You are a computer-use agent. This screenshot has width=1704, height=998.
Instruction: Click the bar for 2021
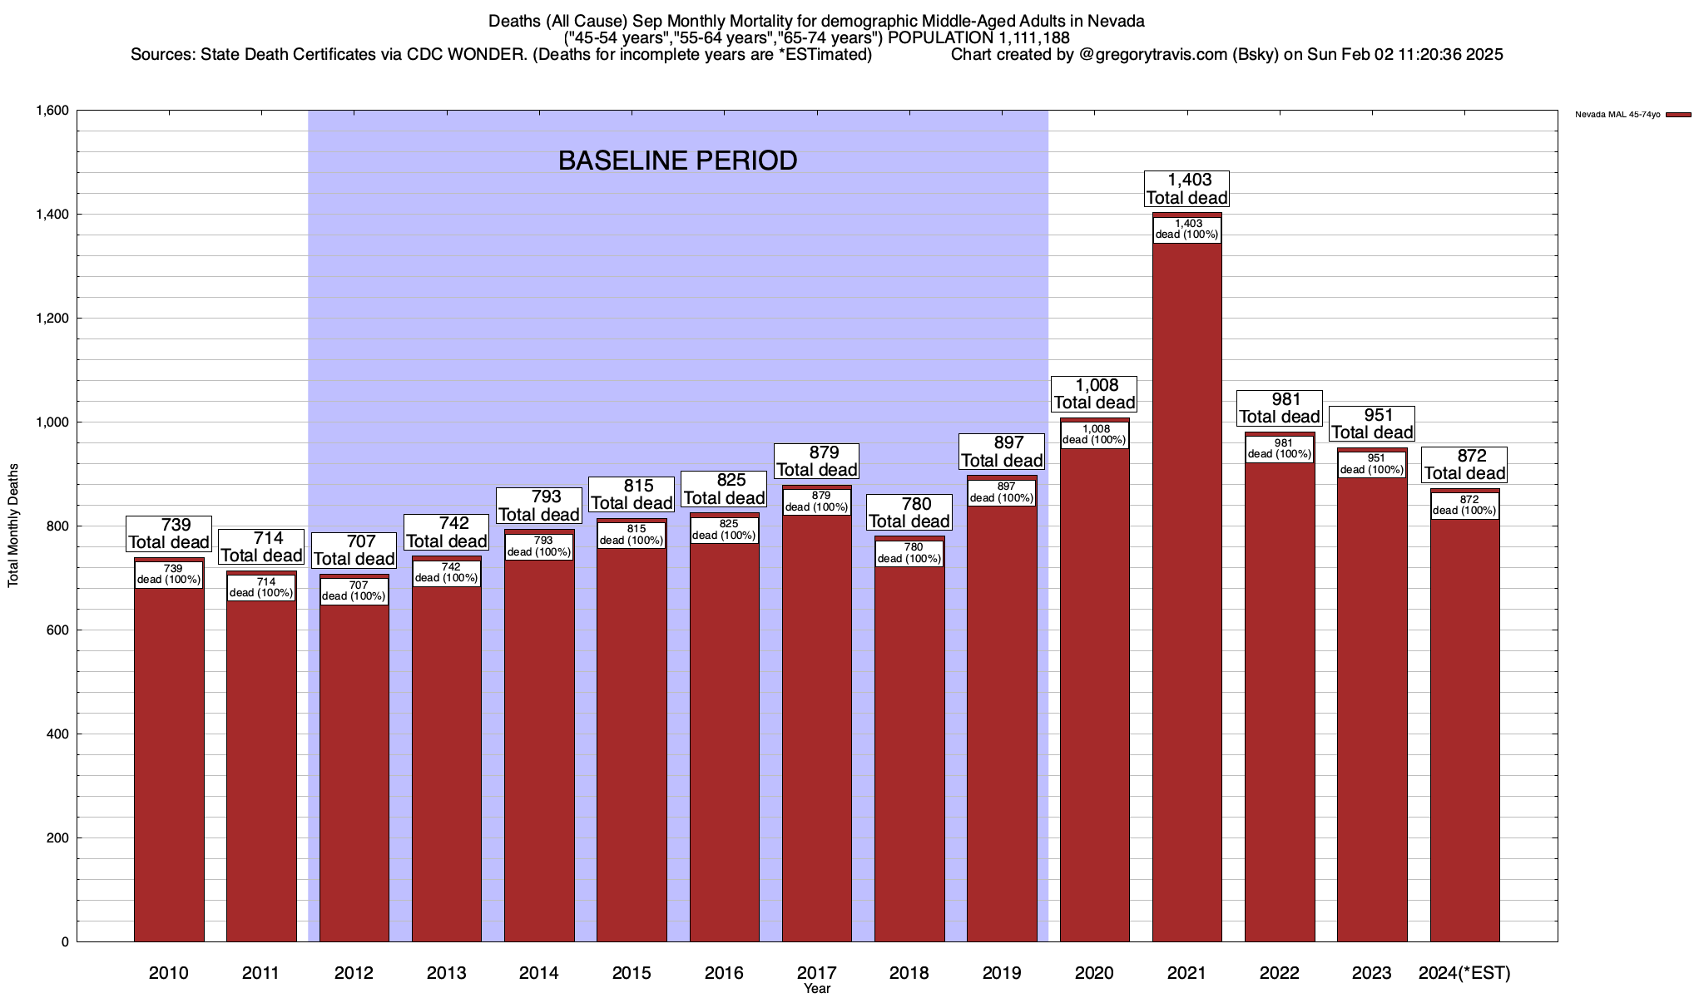pyautogui.click(x=1186, y=599)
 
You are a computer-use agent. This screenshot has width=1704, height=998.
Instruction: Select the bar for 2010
pyautogui.click(x=169, y=765)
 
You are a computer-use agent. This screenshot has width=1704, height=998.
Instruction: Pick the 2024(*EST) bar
pyautogui.click(x=1464, y=732)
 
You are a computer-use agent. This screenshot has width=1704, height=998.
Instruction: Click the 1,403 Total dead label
pyautogui.click(x=1186, y=189)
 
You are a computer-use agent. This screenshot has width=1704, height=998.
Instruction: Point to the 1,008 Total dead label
pyautogui.click(x=1094, y=394)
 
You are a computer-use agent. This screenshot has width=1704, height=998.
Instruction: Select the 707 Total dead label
pyautogui.click(x=354, y=551)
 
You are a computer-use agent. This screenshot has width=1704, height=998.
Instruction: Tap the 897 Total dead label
pyautogui.click(x=1002, y=452)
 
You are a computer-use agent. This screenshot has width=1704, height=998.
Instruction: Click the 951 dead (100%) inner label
pyautogui.click(x=1371, y=464)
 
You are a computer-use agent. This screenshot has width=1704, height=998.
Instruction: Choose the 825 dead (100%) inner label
pyautogui.click(x=724, y=530)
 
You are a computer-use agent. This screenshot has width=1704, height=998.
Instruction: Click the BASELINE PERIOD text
pyautogui.click(x=677, y=161)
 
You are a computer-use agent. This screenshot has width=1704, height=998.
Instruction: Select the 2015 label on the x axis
pyautogui.click(x=632, y=973)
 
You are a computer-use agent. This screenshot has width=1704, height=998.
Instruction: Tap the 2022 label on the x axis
pyautogui.click(x=1279, y=973)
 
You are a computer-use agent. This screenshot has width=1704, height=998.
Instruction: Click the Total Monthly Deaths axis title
pyautogui.click(x=13, y=526)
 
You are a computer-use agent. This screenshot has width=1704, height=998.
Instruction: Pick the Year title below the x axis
pyautogui.click(x=817, y=989)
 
